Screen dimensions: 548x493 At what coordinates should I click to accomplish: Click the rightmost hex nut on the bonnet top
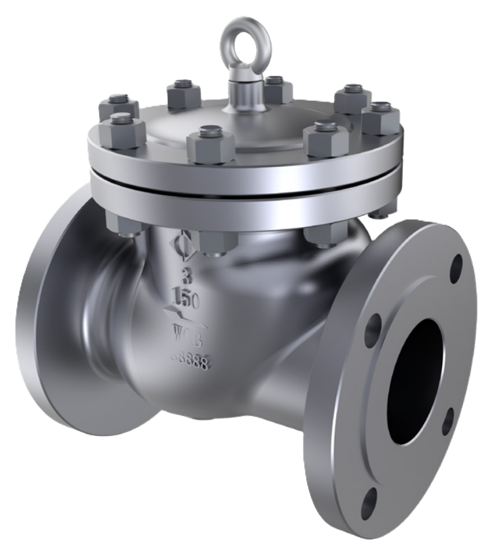click(381, 117)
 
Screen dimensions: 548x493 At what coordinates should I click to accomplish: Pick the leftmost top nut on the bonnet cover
click(118, 108)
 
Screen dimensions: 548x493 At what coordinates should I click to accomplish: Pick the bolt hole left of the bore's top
click(373, 325)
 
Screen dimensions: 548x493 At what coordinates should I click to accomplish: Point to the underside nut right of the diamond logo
click(216, 242)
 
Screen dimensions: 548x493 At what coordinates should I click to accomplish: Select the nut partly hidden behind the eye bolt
click(277, 90)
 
